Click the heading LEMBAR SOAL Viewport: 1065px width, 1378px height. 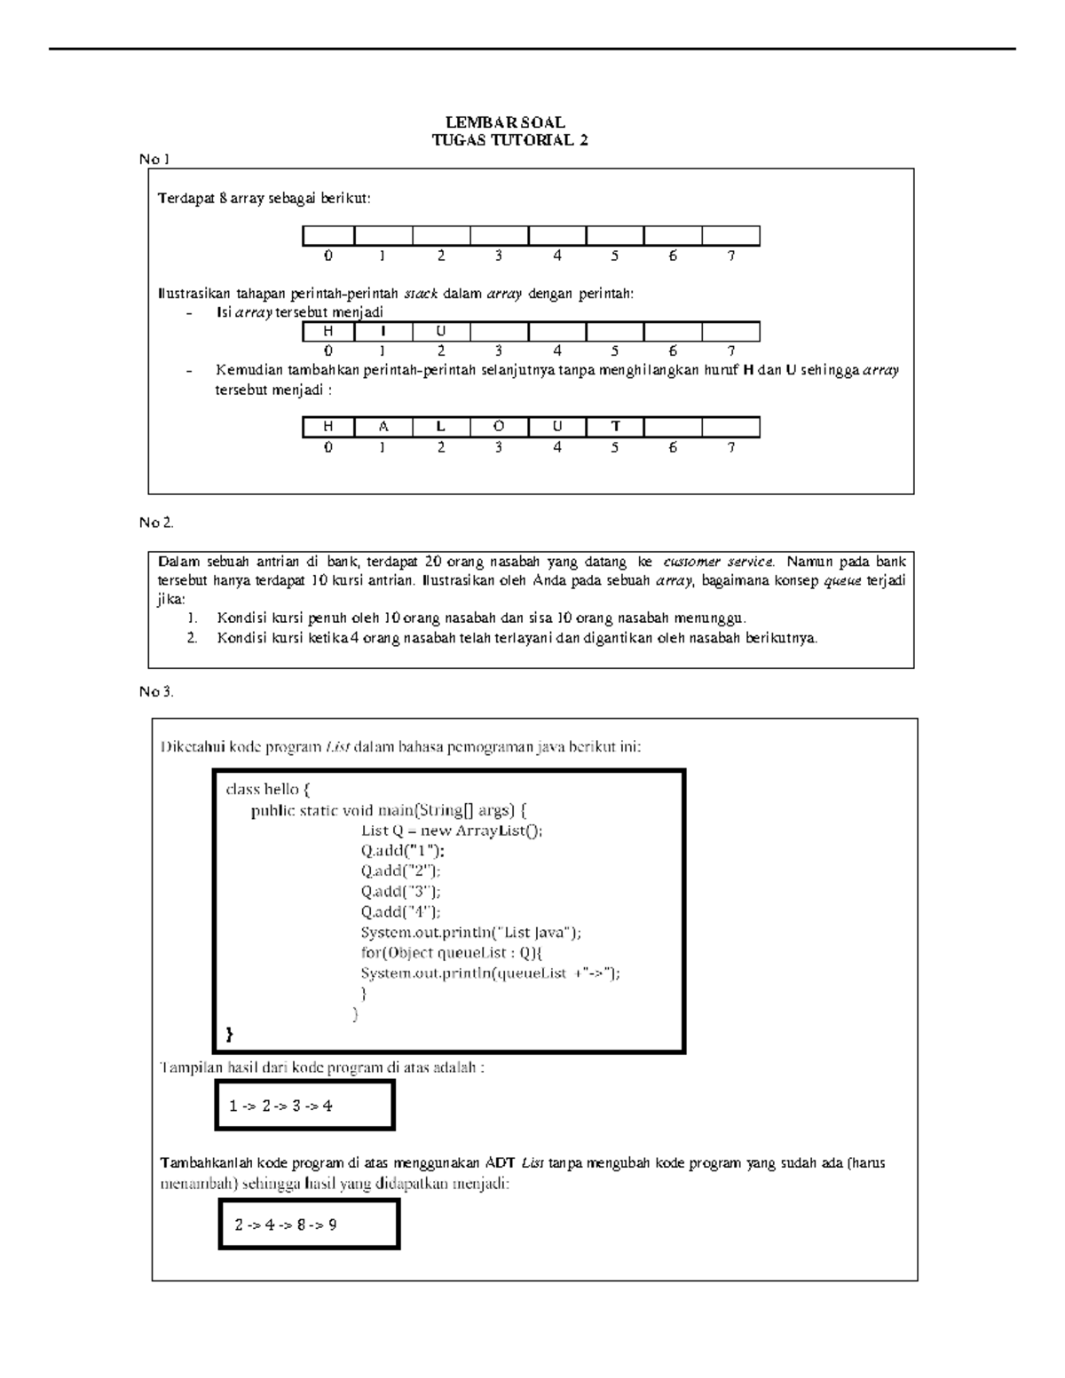click(x=504, y=122)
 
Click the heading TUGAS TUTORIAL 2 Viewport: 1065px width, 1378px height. click(x=509, y=140)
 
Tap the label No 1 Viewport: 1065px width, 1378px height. click(x=154, y=159)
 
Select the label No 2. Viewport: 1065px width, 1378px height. click(x=155, y=523)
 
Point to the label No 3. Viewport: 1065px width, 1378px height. click(x=155, y=691)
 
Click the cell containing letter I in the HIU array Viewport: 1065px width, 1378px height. click(x=383, y=332)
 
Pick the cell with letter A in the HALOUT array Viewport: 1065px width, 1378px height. click(x=383, y=427)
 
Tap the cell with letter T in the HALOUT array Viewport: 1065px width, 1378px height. click(x=615, y=427)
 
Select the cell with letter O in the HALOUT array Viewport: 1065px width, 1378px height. click(x=499, y=427)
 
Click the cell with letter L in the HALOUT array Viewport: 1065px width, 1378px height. click(x=441, y=427)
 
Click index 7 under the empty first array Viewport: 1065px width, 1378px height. click(x=731, y=256)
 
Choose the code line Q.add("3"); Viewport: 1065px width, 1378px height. click(x=400, y=892)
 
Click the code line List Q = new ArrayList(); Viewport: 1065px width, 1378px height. click(x=451, y=831)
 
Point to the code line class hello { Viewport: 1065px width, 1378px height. click(x=268, y=789)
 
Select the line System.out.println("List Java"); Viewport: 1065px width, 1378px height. click(x=470, y=933)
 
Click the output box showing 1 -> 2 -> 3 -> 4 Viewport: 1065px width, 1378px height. click(x=304, y=1106)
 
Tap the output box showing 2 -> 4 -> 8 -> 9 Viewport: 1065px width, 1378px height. click(x=309, y=1224)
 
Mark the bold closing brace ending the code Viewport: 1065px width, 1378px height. click(x=231, y=1034)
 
